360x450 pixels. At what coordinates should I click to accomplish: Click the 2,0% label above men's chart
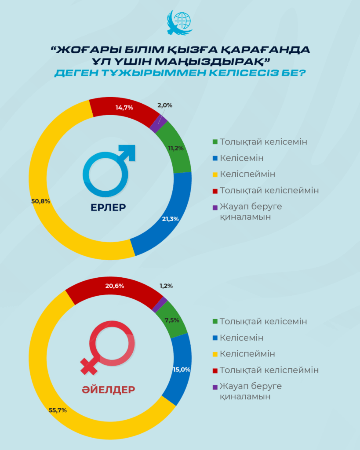pyautogui.click(x=164, y=105)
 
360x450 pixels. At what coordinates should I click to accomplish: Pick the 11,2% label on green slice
pyautogui.click(x=176, y=149)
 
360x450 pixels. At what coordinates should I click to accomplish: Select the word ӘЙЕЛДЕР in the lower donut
pyautogui.click(x=109, y=389)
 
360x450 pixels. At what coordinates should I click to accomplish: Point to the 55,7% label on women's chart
pyautogui.click(x=58, y=410)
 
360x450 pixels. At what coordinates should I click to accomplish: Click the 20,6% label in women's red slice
pyautogui.click(x=115, y=286)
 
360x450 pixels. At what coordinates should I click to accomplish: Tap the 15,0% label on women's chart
pyautogui.click(x=181, y=370)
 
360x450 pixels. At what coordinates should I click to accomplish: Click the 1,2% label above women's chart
pyautogui.click(x=166, y=286)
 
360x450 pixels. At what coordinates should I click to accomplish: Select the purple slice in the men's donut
pyautogui.click(x=155, y=124)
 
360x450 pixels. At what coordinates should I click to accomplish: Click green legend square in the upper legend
pyautogui.click(x=215, y=142)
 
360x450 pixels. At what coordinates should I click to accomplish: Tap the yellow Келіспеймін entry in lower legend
pyautogui.click(x=247, y=354)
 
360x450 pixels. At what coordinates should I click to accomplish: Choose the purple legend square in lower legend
pyautogui.click(x=215, y=387)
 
